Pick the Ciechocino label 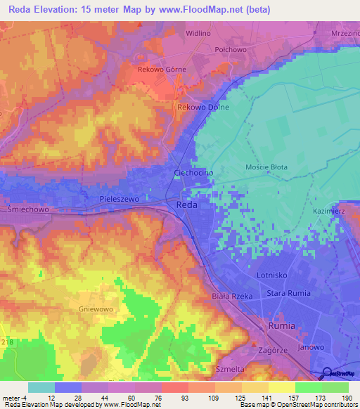pos(189,172)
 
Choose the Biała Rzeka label pos(233,297)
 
